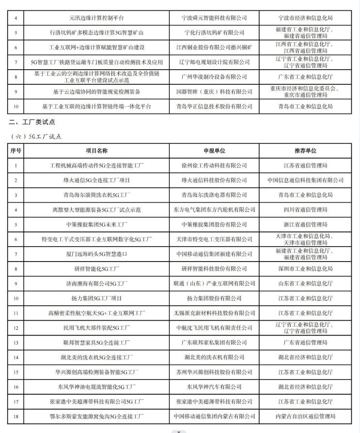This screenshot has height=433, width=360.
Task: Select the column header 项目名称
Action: pyautogui.click(x=97, y=151)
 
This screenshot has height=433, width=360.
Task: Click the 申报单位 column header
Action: pyautogui.click(x=214, y=151)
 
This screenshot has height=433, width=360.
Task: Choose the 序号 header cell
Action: pyautogui.click(x=16, y=151)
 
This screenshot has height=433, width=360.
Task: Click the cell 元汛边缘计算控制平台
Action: pyautogui.click(x=97, y=18)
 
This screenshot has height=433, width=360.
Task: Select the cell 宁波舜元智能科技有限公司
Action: pyautogui.click(x=214, y=18)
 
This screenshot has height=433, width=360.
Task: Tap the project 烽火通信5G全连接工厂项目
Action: pyautogui.click(x=97, y=180)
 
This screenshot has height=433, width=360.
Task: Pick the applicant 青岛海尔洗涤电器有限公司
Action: pyautogui.click(x=214, y=195)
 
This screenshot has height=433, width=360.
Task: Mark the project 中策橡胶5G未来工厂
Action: pyautogui.click(x=97, y=224)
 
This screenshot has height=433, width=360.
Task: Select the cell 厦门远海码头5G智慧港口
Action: pyautogui.click(x=97, y=254)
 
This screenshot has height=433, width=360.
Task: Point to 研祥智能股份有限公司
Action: pyautogui.click(x=214, y=268)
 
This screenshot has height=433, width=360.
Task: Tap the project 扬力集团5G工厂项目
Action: pyautogui.click(x=97, y=298)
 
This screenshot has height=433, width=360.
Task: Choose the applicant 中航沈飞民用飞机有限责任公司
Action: pyautogui.click(x=214, y=327)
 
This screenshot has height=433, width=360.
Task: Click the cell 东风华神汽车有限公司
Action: pyautogui.click(x=214, y=387)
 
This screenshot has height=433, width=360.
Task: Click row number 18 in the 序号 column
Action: pyautogui.click(x=16, y=416)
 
